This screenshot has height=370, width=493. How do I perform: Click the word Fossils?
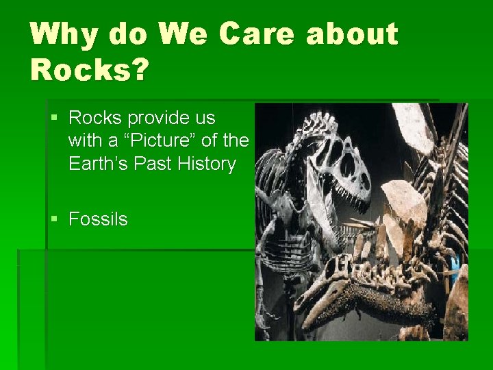pos(98,219)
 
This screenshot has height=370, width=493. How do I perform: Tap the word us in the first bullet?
pos(205,118)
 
